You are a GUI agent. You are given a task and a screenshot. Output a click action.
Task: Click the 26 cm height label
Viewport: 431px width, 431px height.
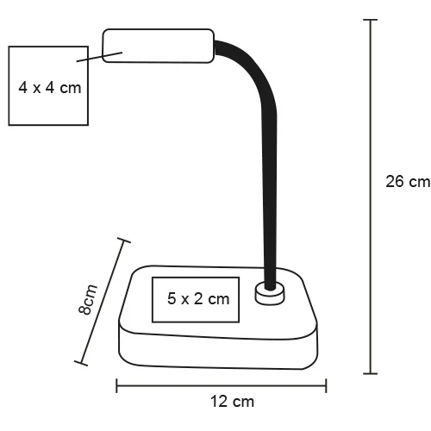point(407,182)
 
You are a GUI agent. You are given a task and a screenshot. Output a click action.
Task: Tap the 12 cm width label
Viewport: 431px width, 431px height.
point(232,401)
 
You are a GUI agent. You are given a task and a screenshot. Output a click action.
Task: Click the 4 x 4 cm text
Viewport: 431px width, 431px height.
point(51,87)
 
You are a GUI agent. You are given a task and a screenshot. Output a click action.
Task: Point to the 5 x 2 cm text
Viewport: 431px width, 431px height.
point(198,299)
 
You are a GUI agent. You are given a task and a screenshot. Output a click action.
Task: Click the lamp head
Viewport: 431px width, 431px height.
point(159,46)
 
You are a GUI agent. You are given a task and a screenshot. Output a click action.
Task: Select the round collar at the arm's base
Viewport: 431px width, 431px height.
point(271,295)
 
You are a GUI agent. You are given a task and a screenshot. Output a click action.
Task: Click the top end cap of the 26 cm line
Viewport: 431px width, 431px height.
point(371,20)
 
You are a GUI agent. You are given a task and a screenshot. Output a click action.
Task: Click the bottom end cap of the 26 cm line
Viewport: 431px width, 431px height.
point(371,372)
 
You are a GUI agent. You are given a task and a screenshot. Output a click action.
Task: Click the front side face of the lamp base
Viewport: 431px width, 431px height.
point(215,347)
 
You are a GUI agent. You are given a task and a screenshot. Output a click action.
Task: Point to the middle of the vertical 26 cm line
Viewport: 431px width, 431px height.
point(371,197)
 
